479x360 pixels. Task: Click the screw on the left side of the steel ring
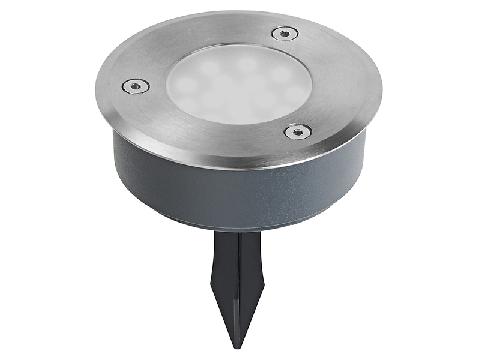point(136,86)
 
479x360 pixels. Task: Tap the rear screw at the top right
point(285,34)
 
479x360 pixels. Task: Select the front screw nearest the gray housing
point(297,131)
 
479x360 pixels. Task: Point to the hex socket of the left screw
point(136,86)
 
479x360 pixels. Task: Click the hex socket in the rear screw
point(285,34)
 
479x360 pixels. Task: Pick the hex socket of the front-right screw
point(297,131)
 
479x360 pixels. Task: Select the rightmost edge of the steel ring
point(382,90)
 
